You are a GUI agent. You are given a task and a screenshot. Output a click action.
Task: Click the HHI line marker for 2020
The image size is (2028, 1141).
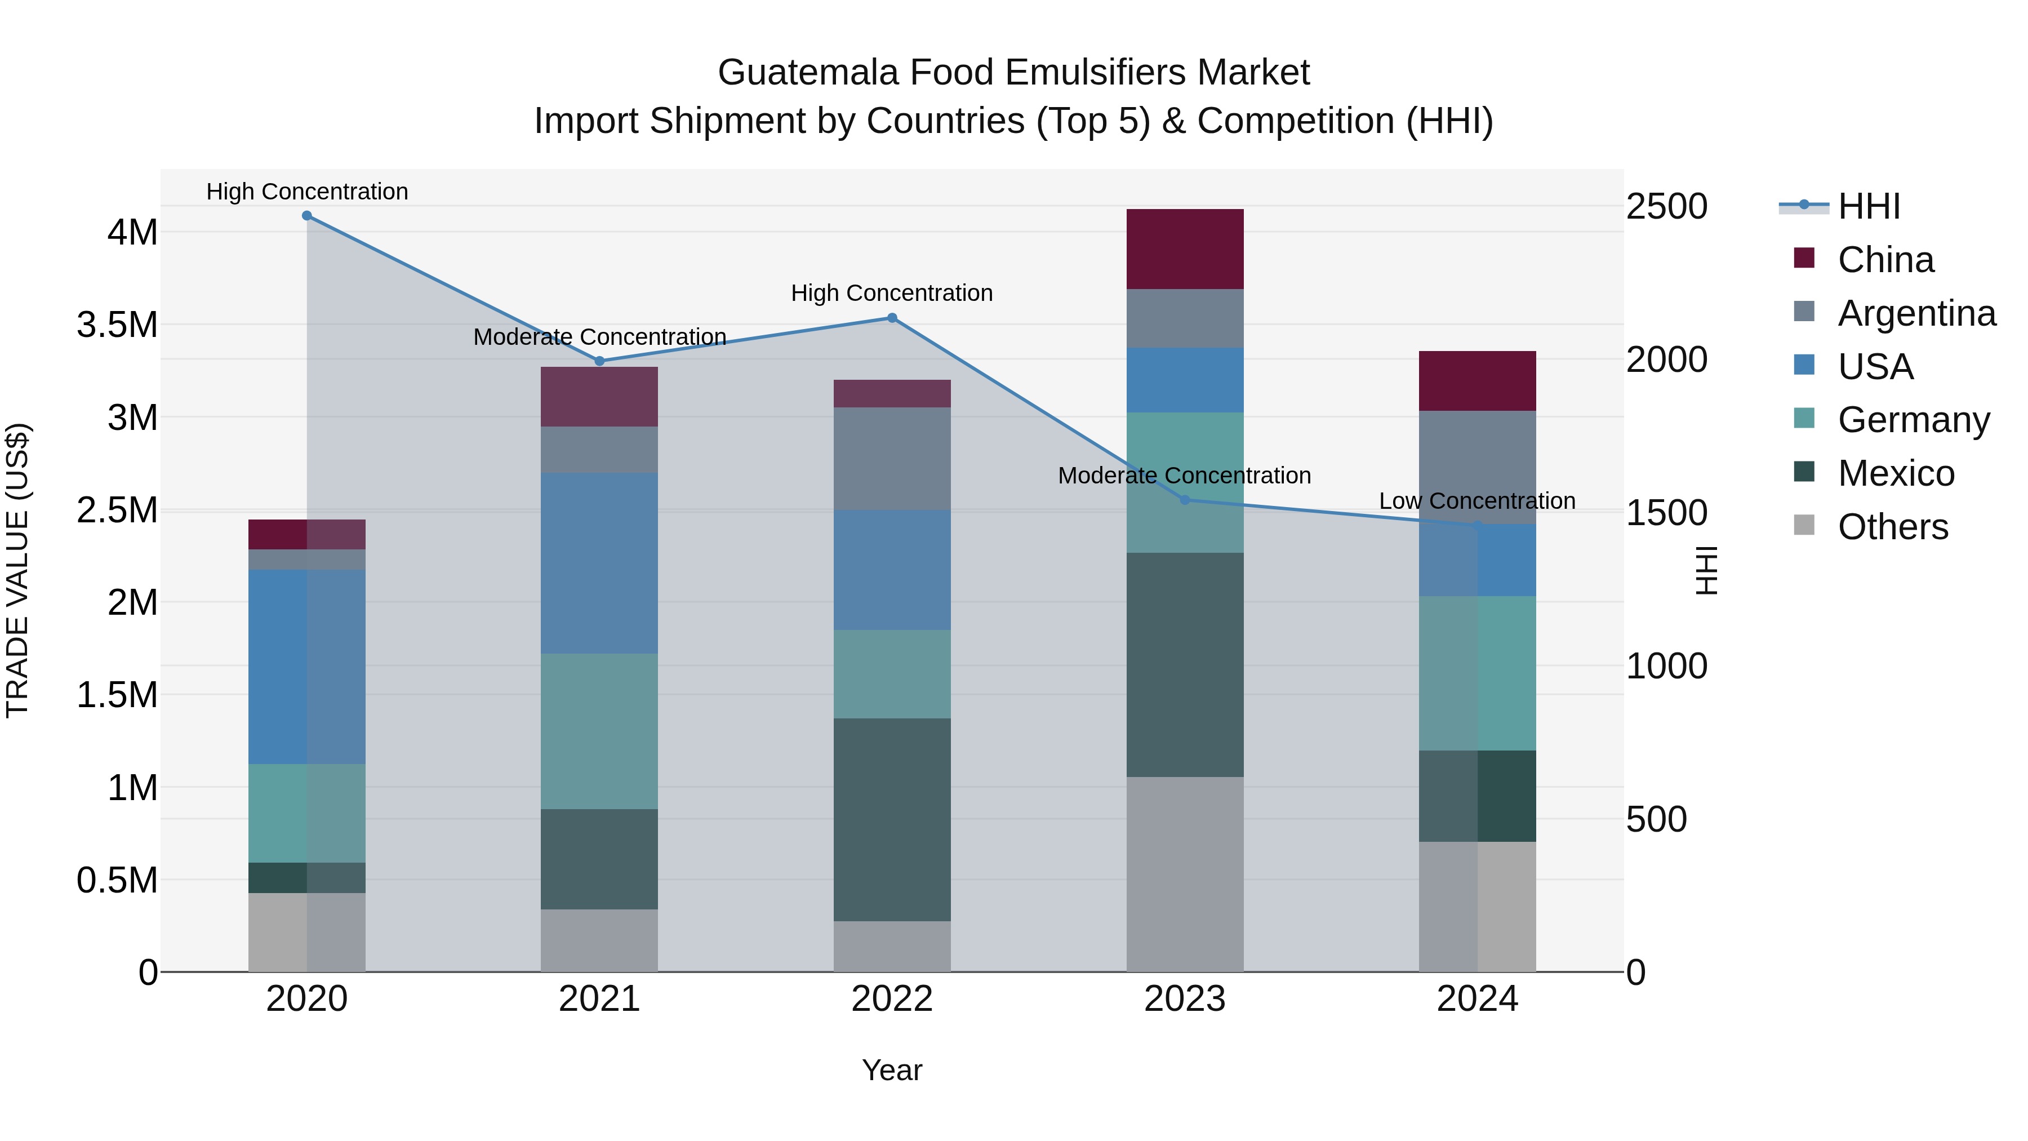click(x=307, y=216)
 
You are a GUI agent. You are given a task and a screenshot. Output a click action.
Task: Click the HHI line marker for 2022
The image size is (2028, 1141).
click(x=892, y=318)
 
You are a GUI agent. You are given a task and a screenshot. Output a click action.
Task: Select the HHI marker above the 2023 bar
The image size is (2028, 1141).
click(x=1185, y=500)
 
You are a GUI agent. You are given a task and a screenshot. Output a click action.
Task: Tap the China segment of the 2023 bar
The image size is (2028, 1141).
click(x=1185, y=249)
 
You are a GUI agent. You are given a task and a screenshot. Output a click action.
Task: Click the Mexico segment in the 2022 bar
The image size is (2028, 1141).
click(x=892, y=819)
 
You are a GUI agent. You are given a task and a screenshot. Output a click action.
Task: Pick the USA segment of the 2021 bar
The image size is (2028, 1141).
click(x=599, y=563)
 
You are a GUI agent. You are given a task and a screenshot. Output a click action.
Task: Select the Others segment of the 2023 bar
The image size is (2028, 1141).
click(x=1185, y=874)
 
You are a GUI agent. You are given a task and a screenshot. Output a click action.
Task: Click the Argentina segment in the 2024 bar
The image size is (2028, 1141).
click(x=1477, y=466)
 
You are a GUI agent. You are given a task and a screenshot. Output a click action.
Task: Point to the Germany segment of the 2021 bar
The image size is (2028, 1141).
click(x=599, y=731)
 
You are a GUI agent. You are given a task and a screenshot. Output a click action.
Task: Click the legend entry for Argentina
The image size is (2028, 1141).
click(x=1916, y=313)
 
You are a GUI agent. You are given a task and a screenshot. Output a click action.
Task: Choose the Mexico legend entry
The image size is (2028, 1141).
click(x=1896, y=473)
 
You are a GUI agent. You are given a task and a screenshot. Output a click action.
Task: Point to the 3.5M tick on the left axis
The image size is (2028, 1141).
click(x=117, y=325)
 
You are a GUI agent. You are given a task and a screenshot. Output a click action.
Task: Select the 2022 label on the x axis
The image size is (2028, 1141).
click(x=892, y=999)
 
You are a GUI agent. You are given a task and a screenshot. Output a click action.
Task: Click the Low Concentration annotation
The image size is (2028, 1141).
click(x=1477, y=501)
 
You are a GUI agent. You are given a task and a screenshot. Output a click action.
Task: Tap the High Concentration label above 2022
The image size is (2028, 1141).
click(x=892, y=293)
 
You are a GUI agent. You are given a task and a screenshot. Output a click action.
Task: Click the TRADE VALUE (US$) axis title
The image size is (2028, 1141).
click(x=17, y=570)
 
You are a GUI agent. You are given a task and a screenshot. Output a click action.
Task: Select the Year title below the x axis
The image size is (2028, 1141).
click(x=892, y=1070)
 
